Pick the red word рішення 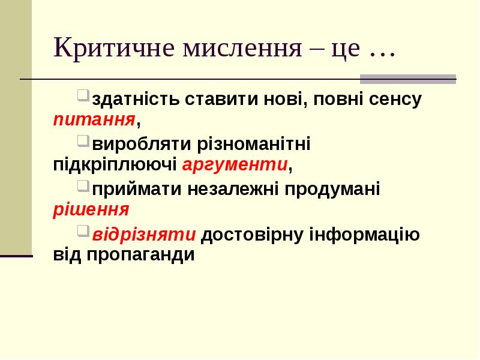[91, 209]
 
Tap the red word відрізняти [144, 235]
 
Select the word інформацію [364, 235]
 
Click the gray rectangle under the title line [407, 79]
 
